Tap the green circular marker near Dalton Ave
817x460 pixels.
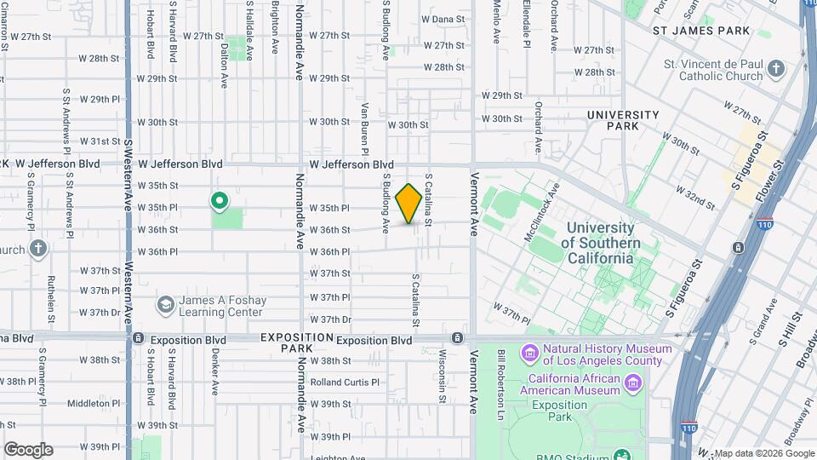pos(219,201)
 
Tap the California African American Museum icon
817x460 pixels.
pos(632,384)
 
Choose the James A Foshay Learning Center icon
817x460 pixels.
pos(165,304)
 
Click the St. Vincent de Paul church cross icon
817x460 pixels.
pos(775,69)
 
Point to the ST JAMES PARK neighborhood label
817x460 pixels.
pos(701,31)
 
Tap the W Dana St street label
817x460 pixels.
pos(443,19)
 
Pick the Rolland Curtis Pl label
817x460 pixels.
pos(345,382)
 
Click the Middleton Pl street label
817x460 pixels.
pos(94,403)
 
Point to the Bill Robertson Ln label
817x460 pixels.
pos(502,375)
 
